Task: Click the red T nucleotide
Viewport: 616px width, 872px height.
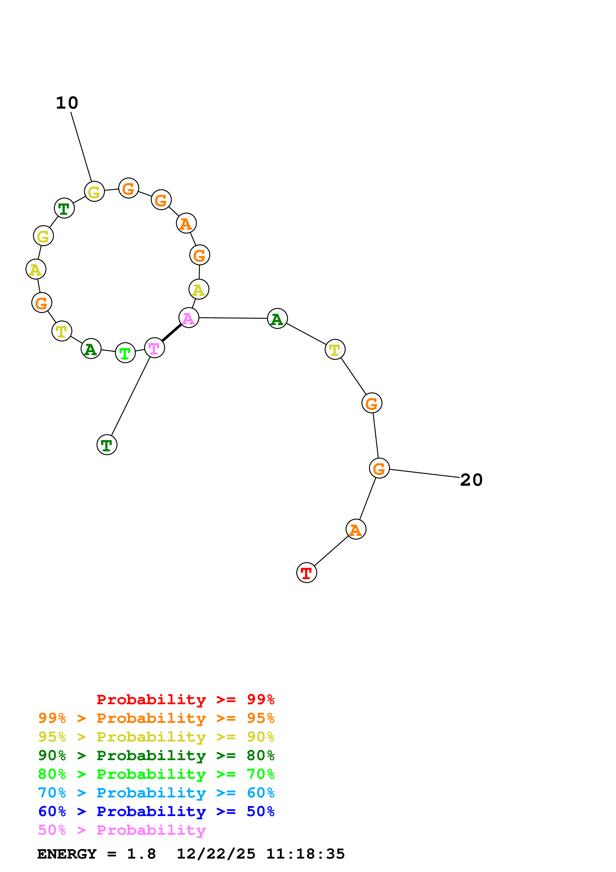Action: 306,573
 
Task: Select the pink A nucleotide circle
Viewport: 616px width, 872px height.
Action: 189,318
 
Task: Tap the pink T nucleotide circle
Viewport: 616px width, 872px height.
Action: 155,348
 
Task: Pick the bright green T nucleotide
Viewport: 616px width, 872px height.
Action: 125,353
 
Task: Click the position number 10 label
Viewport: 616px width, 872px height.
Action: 67,103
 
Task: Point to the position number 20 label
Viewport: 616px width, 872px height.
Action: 471,480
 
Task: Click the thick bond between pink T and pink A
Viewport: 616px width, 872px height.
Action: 171,333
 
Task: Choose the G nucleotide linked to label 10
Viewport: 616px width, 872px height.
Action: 94,191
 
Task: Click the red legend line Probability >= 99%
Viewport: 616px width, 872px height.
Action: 185,699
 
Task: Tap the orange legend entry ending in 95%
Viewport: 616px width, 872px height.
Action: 156,718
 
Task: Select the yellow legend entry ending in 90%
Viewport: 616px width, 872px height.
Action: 156,737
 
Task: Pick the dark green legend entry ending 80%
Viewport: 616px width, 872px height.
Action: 156,755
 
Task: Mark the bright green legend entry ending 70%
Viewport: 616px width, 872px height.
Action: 156,774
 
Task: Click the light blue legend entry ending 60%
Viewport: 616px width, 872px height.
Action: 156,793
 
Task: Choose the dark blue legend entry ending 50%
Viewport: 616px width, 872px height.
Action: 156,811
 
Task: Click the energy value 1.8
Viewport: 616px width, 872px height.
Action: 141,854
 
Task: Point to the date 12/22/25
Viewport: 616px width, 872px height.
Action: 216,854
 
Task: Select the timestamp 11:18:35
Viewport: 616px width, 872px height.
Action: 306,854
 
